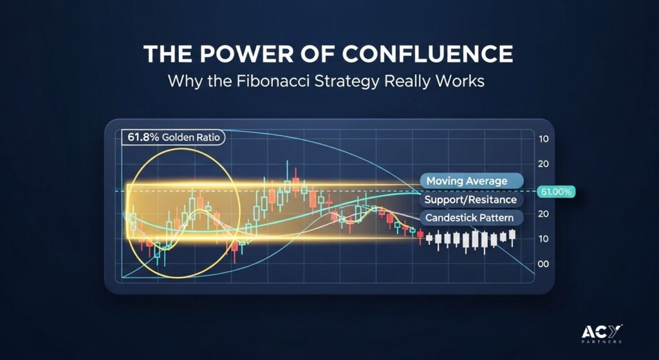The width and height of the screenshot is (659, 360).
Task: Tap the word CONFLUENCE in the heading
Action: coord(429,54)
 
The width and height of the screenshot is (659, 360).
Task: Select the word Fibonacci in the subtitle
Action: coord(269,81)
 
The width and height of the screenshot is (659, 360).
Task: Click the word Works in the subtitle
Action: coord(461,81)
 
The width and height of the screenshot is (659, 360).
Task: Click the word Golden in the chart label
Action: coord(173,138)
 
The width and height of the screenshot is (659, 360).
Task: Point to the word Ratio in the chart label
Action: coord(207,138)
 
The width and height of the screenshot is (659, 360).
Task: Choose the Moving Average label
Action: coord(472,181)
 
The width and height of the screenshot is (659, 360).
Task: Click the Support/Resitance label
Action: coord(471,200)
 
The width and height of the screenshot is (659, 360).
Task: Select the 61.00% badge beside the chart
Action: coord(556,192)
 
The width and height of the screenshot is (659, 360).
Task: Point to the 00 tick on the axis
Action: coord(543,264)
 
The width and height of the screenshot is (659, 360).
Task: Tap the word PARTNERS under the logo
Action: coord(602,342)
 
